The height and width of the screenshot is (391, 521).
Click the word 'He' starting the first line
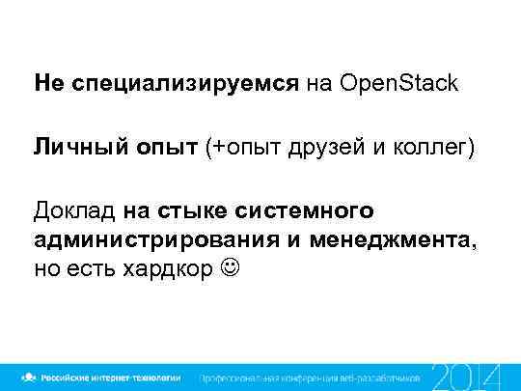coord(46,85)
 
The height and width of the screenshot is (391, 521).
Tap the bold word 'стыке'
coord(195,210)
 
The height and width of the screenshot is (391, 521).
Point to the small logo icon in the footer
coord(32,376)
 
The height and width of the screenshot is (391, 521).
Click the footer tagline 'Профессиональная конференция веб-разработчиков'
coord(310,376)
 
